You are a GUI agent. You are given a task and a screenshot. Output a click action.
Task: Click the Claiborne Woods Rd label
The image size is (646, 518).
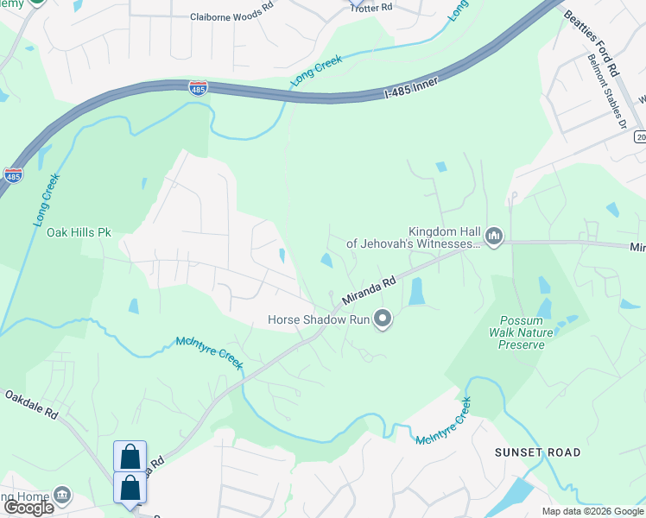click(x=232, y=16)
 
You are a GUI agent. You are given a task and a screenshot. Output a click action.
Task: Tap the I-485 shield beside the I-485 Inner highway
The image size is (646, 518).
click(x=197, y=86)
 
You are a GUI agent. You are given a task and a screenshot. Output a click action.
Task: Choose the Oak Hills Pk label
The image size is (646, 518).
click(x=79, y=232)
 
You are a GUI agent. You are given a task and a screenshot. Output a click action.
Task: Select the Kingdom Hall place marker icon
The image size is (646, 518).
click(x=494, y=236)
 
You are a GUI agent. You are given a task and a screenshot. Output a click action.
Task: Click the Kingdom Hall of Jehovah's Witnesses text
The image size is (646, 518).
click(x=413, y=237)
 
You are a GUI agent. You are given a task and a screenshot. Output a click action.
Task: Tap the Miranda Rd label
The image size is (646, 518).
click(x=369, y=291)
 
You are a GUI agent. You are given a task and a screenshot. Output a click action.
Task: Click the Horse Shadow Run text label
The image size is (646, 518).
click(x=318, y=320)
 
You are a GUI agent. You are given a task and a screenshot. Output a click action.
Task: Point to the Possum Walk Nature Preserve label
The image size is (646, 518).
click(x=521, y=332)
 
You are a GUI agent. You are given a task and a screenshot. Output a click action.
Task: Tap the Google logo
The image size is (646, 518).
click(x=28, y=507)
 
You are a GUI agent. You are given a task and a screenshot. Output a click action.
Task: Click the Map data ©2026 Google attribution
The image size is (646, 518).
click(x=592, y=511)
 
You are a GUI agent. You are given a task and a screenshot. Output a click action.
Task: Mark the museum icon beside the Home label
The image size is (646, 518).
click(x=61, y=496)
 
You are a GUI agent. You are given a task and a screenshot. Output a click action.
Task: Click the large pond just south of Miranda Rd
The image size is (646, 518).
click(x=416, y=292)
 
